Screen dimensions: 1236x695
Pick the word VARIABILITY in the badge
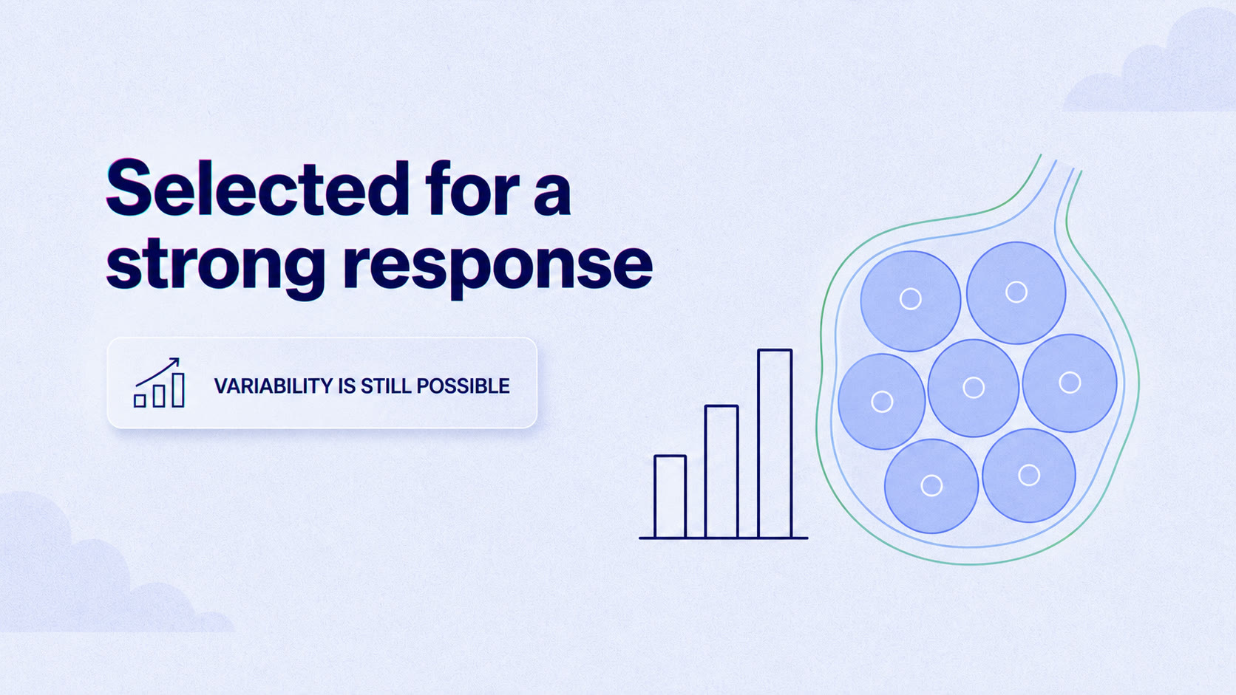point(274,386)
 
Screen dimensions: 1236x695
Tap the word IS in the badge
point(347,386)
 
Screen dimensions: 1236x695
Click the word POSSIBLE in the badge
point(463,386)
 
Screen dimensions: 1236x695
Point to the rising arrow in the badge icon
point(157,372)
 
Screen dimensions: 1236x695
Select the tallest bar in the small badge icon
point(177,390)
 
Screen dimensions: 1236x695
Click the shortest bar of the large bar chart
point(670,496)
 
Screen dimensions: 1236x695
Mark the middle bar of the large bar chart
point(721,471)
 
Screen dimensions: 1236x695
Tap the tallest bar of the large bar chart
point(775,443)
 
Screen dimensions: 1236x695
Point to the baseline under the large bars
point(724,538)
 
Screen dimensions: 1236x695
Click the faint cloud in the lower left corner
point(105,568)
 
